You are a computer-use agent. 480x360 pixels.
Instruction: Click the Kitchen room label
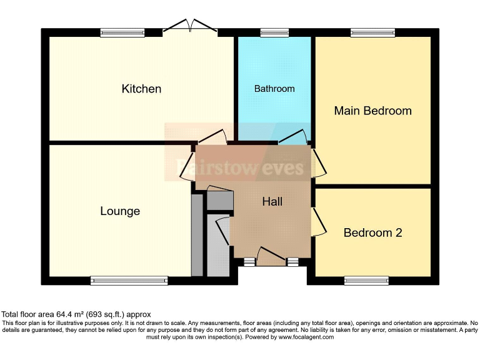[x=141, y=89]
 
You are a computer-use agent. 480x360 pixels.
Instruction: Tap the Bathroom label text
[x=274, y=89]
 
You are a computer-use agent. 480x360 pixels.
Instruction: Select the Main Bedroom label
[x=372, y=111]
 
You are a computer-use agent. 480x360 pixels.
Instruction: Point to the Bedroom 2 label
[x=372, y=232]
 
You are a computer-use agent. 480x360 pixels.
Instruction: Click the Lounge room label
[x=120, y=211]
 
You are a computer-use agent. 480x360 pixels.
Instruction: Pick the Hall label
[x=272, y=202]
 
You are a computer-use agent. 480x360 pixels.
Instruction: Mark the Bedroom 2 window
[x=366, y=281]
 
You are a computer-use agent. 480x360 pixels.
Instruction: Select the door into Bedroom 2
[x=318, y=221]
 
